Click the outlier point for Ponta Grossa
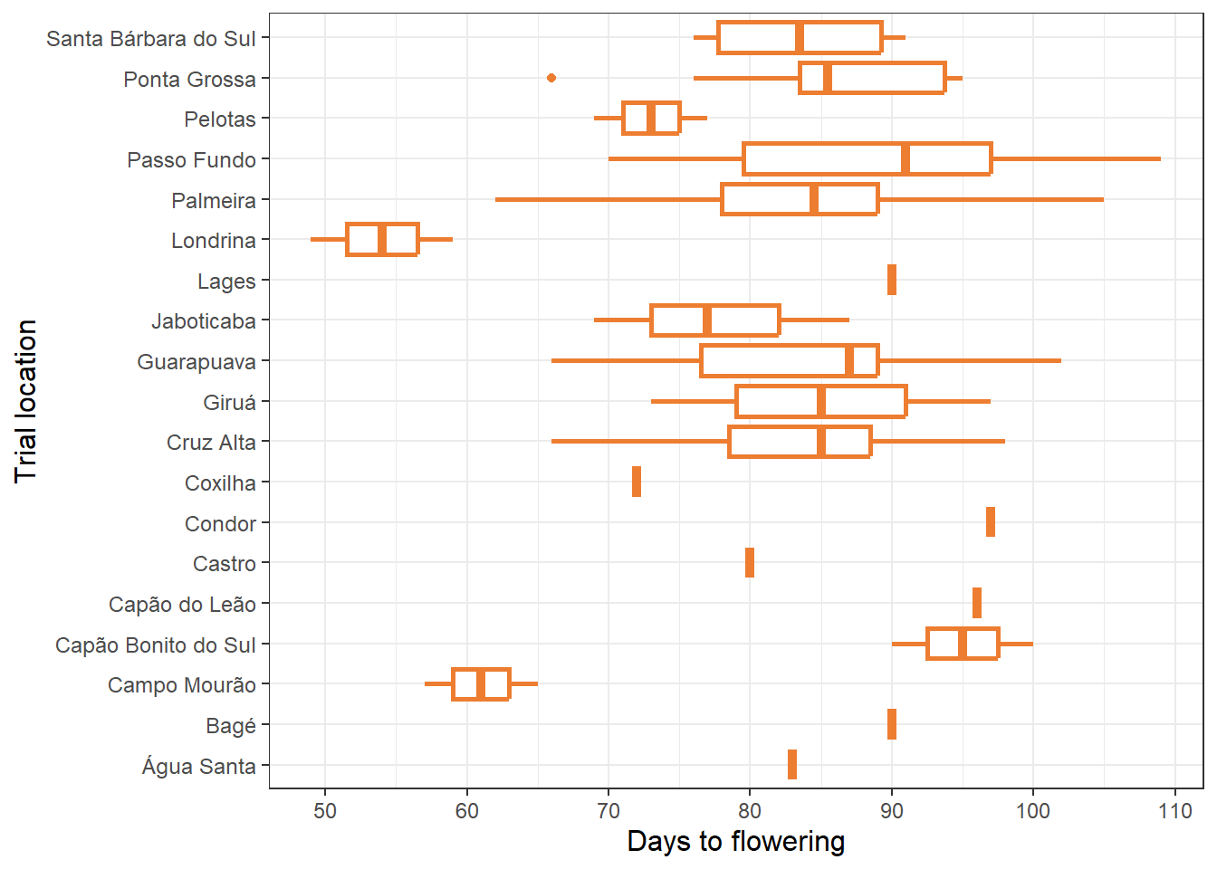[x=551, y=78]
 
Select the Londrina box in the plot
[x=382, y=240]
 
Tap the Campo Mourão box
[x=481, y=684]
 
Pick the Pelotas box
[x=651, y=119]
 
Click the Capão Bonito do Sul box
[x=963, y=644]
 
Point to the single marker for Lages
[x=892, y=280]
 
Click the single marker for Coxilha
[x=637, y=482]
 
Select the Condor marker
[x=991, y=522]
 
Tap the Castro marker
[x=750, y=563]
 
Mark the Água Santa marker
[x=792, y=765]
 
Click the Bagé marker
[x=892, y=724]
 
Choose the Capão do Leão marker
[x=977, y=603]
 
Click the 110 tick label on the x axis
[x=1175, y=811]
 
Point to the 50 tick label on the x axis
[x=325, y=811]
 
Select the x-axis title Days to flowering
[x=735, y=842]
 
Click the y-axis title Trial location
[x=25, y=401]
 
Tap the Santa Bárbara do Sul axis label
[x=151, y=39]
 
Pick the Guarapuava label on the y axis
[x=196, y=362]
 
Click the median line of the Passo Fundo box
[x=906, y=159]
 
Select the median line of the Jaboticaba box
[x=707, y=320]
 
